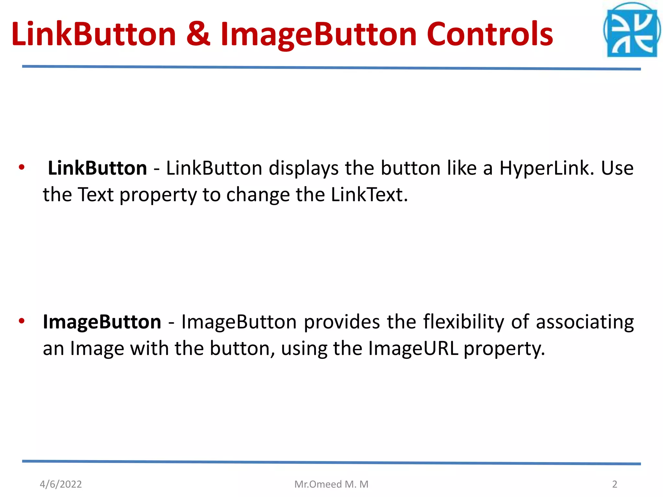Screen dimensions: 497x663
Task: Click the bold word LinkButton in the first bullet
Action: (97, 168)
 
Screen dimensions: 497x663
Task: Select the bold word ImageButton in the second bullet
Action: (102, 322)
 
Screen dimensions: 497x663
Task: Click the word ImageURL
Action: (413, 348)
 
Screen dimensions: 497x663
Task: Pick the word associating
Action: (585, 322)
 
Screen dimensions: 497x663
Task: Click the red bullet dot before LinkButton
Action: (22, 168)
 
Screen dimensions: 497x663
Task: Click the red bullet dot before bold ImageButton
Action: (22, 321)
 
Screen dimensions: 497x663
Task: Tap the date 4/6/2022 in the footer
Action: (61, 484)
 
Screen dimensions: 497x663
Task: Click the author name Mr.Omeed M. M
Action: (331, 484)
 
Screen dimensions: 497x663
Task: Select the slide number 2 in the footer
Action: (614, 484)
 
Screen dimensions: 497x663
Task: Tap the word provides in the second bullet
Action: (342, 322)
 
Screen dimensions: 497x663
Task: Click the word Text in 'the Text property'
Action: (96, 195)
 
